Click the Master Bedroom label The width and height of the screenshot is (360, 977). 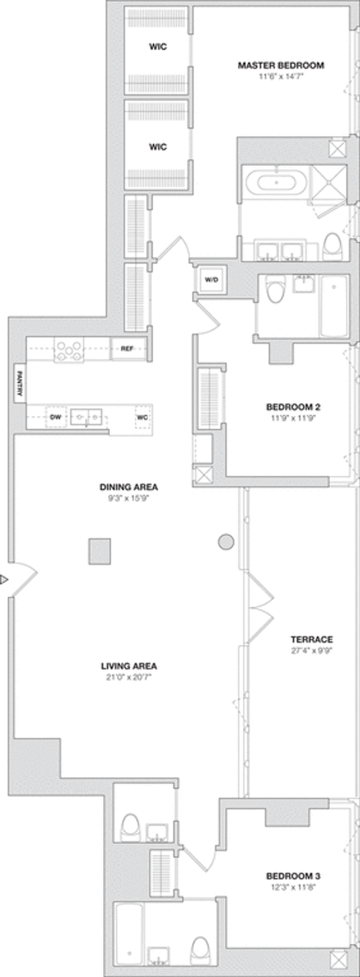[x=281, y=65]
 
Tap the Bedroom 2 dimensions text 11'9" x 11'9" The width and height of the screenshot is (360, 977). [x=293, y=418]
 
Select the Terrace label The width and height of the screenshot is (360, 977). [x=312, y=639]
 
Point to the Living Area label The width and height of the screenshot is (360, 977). [x=129, y=666]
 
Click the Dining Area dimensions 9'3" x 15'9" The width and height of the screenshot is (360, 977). [x=129, y=498]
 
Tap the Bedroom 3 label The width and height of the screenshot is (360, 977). [x=293, y=876]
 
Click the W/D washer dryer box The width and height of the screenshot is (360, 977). [x=211, y=279]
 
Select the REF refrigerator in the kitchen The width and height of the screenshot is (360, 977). [x=128, y=348]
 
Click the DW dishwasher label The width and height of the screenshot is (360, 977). [x=55, y=417]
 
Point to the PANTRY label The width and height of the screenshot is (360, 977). [x=19, y=383]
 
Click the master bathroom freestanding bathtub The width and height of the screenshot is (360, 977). [x=276, y=183]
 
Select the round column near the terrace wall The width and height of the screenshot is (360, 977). [x=226, y=542]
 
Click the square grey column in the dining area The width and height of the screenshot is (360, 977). [x=99, y=551]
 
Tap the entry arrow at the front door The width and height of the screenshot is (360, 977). [x=4, y=580]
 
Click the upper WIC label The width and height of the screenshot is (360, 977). [x=158, y=46]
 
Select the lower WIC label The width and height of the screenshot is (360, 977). [x=158, y=147]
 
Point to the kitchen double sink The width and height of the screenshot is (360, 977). [x=86, y=417]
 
